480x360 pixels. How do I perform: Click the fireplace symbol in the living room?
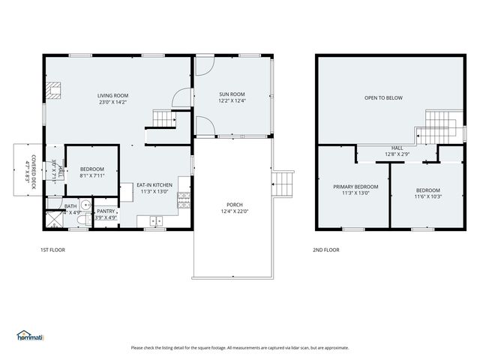pyautogui.click(x=52, y=91)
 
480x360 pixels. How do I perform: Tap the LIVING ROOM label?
pyautogui.click(x=112, y=95)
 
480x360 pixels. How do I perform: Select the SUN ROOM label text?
pyautogui.click(x=232, y=95)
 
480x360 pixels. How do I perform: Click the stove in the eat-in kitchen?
pyautogui.click(x=183, y=199)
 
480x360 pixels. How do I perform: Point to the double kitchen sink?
pyautogui.click(x=156, y=220)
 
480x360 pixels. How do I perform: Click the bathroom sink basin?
pyautogui.click(x=86, y=203)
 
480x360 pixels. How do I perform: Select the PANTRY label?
pyautogui.click(x=106, y=211)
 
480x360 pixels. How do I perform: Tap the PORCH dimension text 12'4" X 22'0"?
pyautogui.click(x=235, y=211)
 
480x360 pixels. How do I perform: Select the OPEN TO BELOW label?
pyautogui.click(x=383, y=97)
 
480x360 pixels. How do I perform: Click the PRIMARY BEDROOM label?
pyautogui.click(x=355, y=186)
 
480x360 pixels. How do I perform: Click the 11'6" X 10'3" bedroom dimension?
pyautogui.click(x=428, y=196)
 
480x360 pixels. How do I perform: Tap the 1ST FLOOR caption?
pyautogui.click(x=52, y=250)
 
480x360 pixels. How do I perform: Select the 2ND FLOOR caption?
pyautogui.click(x=326, y=250)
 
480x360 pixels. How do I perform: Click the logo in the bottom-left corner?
pyautogui.click(x=30, y=336)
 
